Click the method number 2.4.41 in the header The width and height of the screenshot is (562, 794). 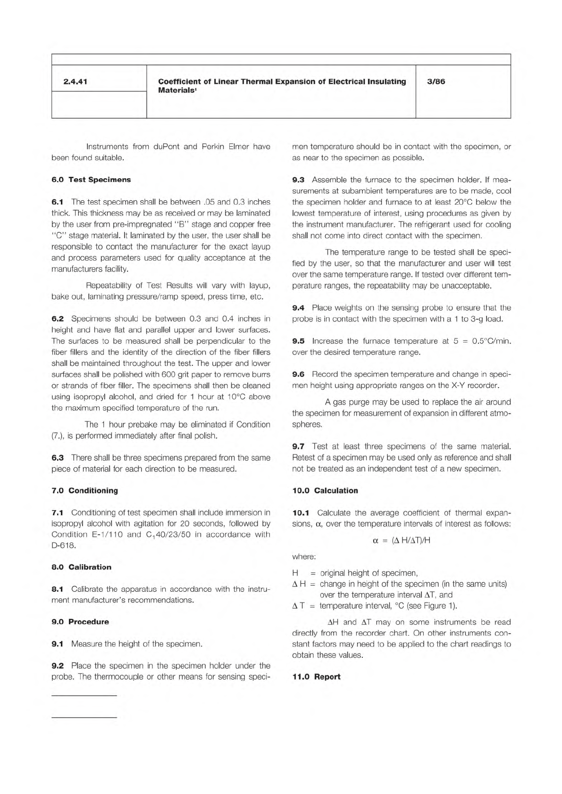tap(75, 82)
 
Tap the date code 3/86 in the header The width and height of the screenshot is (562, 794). tap(436, 82)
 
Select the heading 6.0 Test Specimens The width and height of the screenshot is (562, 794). tap(91, 180)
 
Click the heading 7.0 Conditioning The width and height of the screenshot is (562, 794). tap(84, 490)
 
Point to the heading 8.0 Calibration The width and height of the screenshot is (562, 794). tap(81, 567)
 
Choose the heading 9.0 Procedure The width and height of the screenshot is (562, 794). tap(80, 621)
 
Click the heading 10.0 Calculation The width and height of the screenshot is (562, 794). tap(325, 490)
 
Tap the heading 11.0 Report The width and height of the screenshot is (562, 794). tap(316, 677)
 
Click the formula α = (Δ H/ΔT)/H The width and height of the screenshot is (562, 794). tap(401, 540)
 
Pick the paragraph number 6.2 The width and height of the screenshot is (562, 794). tap(58, 319)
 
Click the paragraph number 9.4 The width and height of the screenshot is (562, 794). tap(298, 308)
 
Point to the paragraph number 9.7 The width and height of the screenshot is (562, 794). tap(298, 446)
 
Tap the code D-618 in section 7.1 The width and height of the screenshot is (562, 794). tap(63, 546)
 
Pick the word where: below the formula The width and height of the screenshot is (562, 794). tap(304, 557)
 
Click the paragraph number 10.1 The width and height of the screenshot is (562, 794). tap(301, 513)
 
